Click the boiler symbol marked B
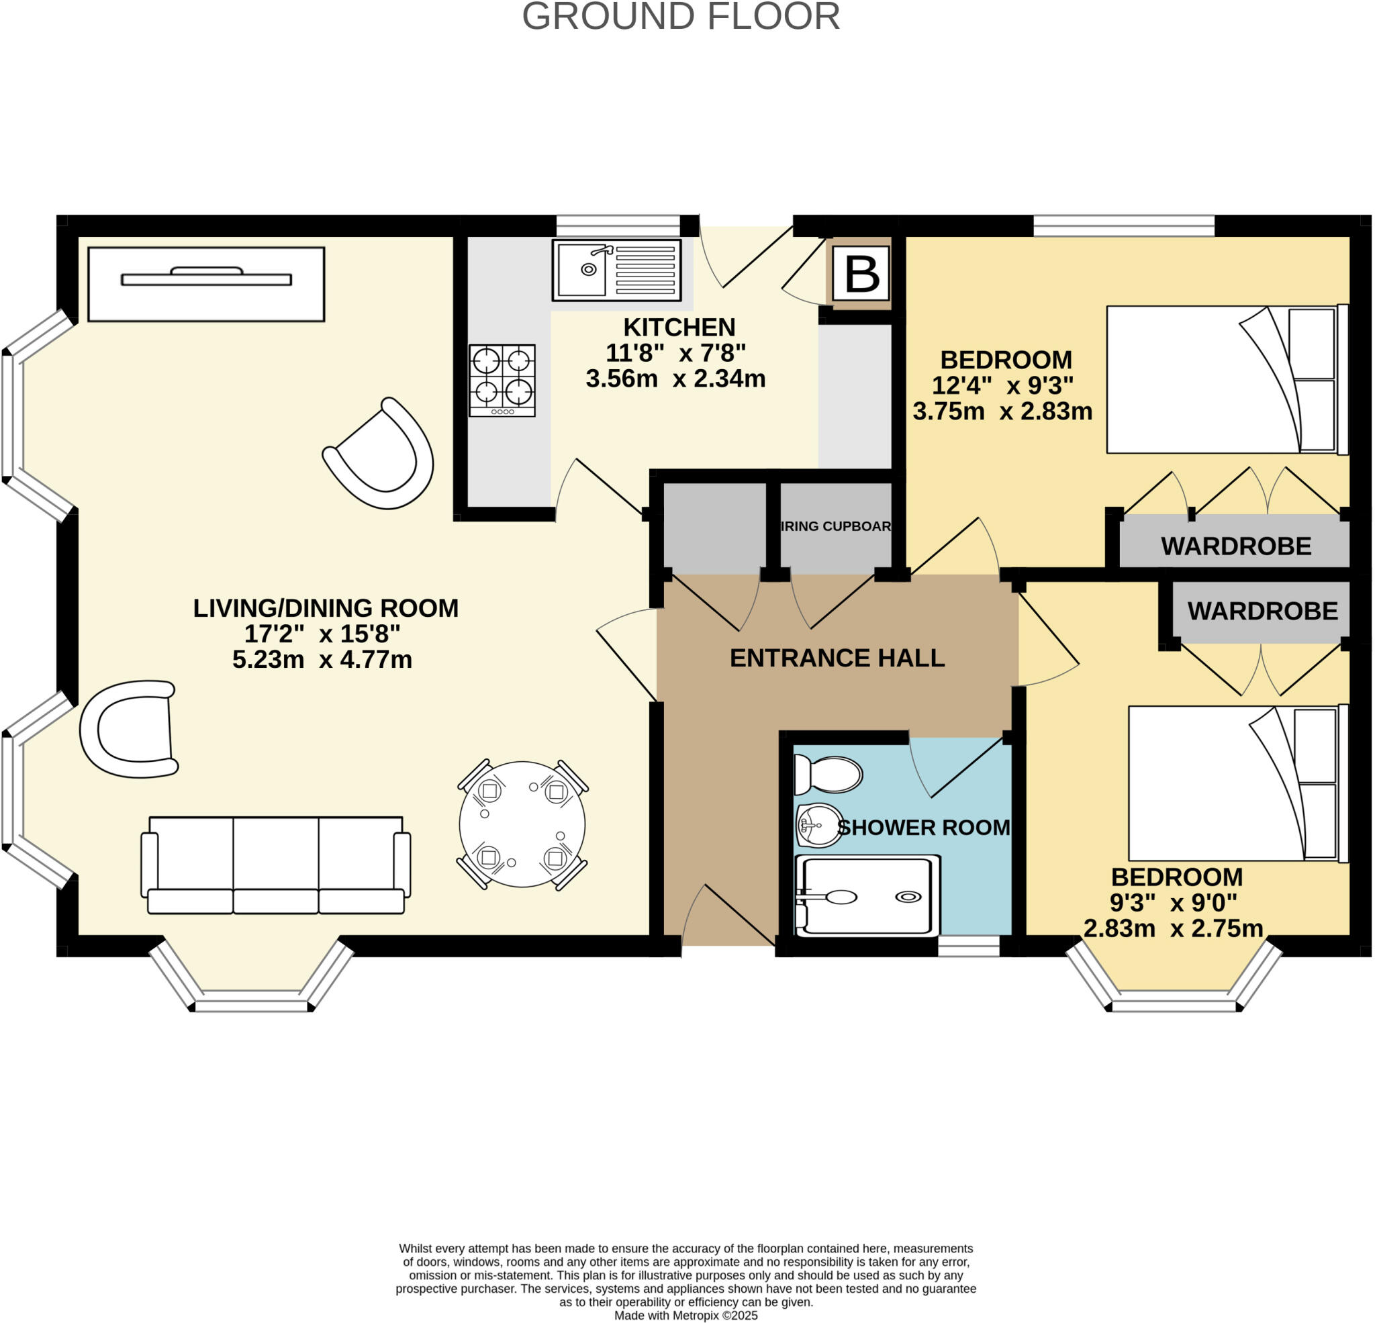[862, 274]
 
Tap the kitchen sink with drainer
[616, 270]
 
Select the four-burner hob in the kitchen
[502, 380]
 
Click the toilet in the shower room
[828, 775]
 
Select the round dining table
[522, 825]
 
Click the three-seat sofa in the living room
[276, 865]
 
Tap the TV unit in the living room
[206, 284]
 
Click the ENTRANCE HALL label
[837, 658]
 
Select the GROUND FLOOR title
[681, 17]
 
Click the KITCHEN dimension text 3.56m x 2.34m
[675, 379]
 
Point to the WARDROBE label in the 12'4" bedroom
[1236, 546]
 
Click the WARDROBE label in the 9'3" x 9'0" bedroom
[1263, 611]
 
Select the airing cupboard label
[835, 526]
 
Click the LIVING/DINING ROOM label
[326, 608]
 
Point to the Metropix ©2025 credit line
[685, 1316]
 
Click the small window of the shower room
[968, 947]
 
